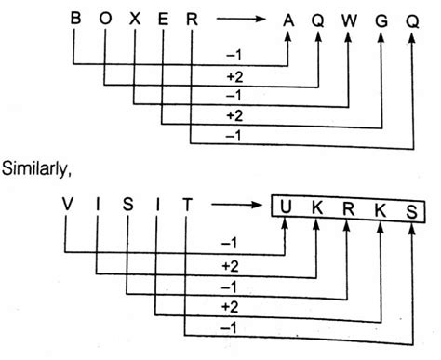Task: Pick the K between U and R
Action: pos(317,207)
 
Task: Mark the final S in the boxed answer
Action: pos(412,207)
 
